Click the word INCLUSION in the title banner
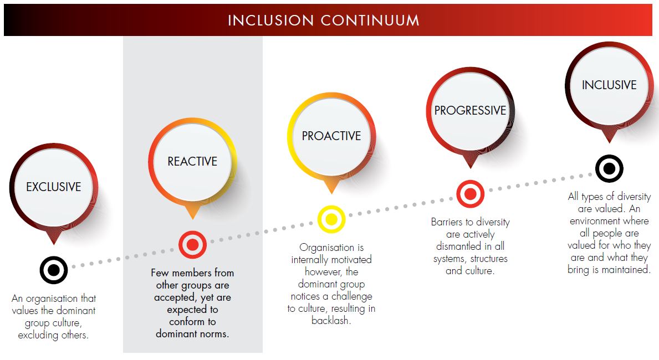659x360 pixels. tap(270, 20)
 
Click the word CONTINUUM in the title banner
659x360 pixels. tap(370, 20)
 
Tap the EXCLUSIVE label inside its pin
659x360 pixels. tap(54, 187)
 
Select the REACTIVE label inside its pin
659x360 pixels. tap(192, 161)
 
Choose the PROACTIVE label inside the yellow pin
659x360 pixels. tap(331, 136)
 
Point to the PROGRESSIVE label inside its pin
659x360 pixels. tap(471, 110)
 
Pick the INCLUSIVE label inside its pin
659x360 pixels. tap(609, 85)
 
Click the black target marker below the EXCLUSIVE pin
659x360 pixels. tap(54, 270)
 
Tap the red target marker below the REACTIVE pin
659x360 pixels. tap(192, 244)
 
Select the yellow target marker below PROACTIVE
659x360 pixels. tap(331, 219)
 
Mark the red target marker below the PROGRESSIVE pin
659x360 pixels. tap(471, 194)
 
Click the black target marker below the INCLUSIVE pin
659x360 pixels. tap(609, 168)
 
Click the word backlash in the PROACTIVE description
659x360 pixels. tap(331, 321)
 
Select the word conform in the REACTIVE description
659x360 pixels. tap(187, 322)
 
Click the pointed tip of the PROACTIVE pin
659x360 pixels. tap(331, 194)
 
